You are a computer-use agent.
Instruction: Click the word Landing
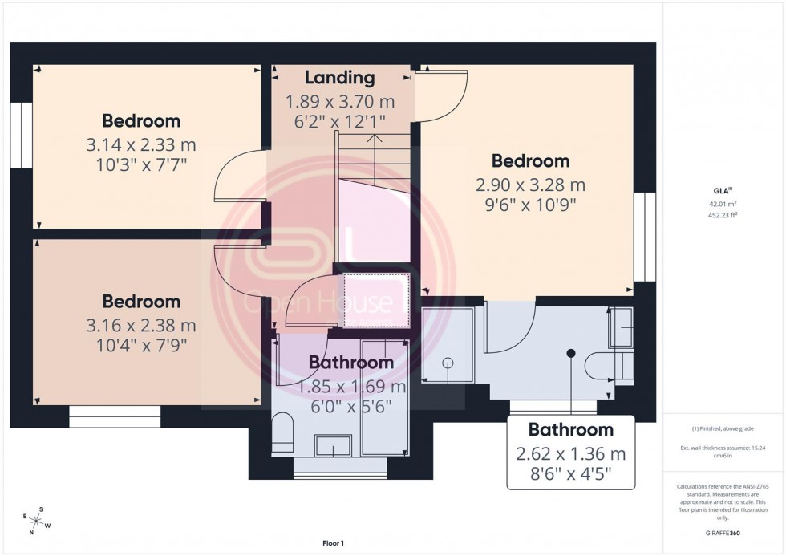(x=339, y=78)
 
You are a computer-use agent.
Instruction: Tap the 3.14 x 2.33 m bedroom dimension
(x=141, y=145)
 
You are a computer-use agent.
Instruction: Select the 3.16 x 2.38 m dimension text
(x=141, y=326)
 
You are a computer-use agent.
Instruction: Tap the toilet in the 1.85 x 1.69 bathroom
(x=282, y=433)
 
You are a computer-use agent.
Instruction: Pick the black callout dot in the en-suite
(x=571, y=353)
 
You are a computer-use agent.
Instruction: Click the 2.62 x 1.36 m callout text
(x=570, y=454)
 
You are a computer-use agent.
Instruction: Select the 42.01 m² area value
(x=724, y=204)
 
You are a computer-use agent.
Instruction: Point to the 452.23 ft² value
(x=724, y=214)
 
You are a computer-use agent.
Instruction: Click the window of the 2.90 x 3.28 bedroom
(x=644, y=237)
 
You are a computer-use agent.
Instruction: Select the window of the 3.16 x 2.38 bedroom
(x=115, y=416)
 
